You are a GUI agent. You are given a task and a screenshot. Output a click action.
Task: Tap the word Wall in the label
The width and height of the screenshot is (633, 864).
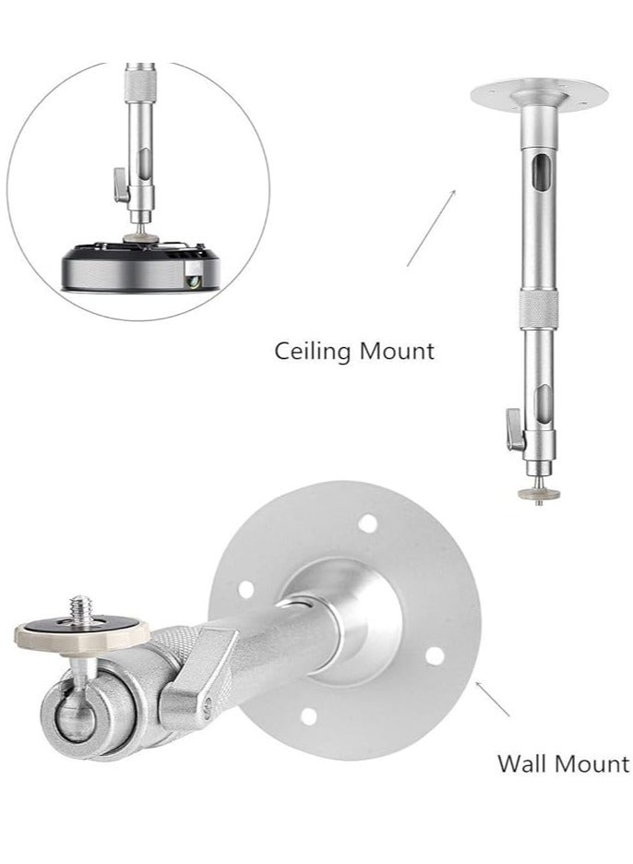click(520, 763)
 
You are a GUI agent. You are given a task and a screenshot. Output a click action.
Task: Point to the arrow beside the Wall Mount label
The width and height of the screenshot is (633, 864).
click(494, 700)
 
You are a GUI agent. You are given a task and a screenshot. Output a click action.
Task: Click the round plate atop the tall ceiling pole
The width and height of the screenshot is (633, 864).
click(539, 93)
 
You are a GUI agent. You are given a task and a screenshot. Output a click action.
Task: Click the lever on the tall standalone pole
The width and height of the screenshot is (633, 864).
click(510, 426)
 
